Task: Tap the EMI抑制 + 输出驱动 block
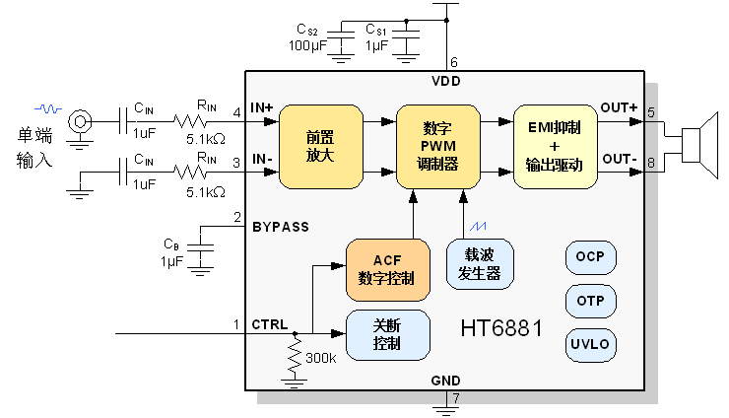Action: tap(555, 147)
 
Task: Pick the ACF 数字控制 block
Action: tap(388, 269)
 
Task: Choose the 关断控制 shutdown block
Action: tap(388, 335)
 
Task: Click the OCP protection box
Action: tap(590, 258)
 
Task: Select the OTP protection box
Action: tap(590, 301)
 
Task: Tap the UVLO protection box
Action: tap(590, 345)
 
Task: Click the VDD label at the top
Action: tap(446, 81)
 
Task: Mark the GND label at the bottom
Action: tap(445, 381)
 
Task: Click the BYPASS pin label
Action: tap(281, 227)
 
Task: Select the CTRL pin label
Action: tap(270, 324)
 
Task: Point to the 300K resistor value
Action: tap(321, 358)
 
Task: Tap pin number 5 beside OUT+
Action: tap(651, 112)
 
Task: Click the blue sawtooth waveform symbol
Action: tap(480, 227)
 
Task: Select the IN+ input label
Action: tap(262, 107)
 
